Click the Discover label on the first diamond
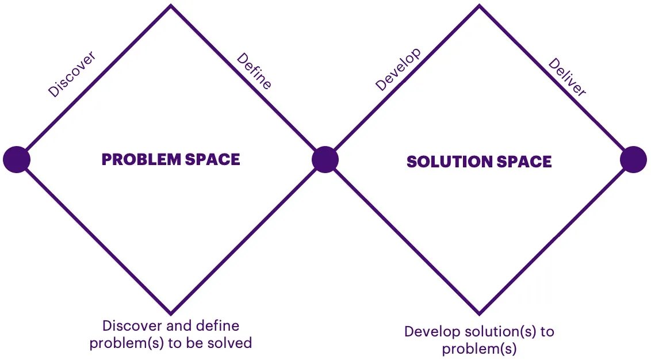(72, 74)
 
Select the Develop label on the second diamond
(399, 70)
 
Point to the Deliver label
(566, 77)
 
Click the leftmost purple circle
(17, 159)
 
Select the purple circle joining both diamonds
(325, 159)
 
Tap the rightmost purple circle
(634, 159)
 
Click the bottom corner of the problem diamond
(171, 312)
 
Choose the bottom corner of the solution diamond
(479, 313)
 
